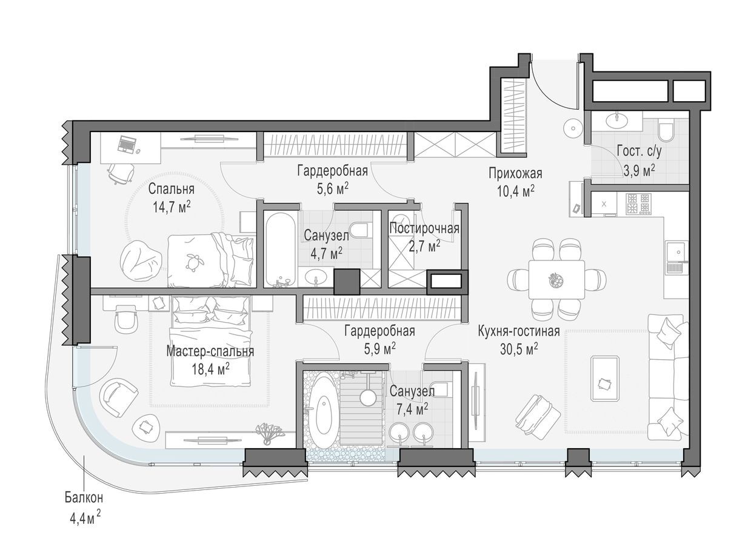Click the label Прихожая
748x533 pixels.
pos(515,174)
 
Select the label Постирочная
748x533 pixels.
pos(424,228)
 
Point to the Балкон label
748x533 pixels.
pos(84,498)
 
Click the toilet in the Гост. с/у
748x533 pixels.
pos(666,131)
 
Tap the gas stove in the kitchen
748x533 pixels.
pos(639,204)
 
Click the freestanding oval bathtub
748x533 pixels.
pos(326,412)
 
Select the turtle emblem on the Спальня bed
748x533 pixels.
pos(194,259)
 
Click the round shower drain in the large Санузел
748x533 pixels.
pos(368,397)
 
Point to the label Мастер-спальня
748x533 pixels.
pos(210,351)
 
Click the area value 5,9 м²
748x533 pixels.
pos(379,348)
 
